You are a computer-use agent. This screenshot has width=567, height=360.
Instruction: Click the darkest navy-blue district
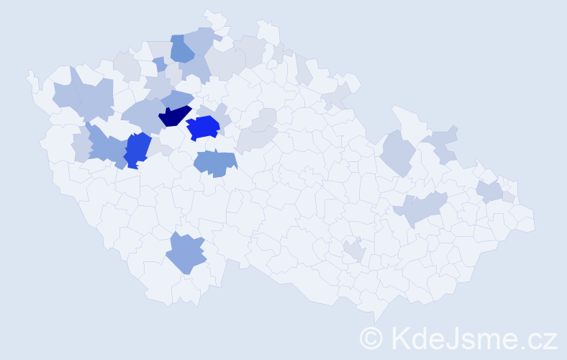tap(173, 116)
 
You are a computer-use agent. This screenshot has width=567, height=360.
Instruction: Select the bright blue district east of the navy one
tap(203, 128)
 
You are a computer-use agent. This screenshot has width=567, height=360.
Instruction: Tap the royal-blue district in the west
tap(137, 149)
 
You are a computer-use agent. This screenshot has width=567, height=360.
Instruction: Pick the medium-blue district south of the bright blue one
tap(215, 163)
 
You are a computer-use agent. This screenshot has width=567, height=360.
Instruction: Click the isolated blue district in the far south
tap(186, 253)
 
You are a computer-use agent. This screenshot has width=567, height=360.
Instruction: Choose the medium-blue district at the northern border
tap(181, 49)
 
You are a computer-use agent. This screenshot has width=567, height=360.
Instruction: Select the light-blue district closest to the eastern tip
tap(491, 192)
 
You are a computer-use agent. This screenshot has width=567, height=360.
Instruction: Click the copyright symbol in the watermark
tap(371, 338)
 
